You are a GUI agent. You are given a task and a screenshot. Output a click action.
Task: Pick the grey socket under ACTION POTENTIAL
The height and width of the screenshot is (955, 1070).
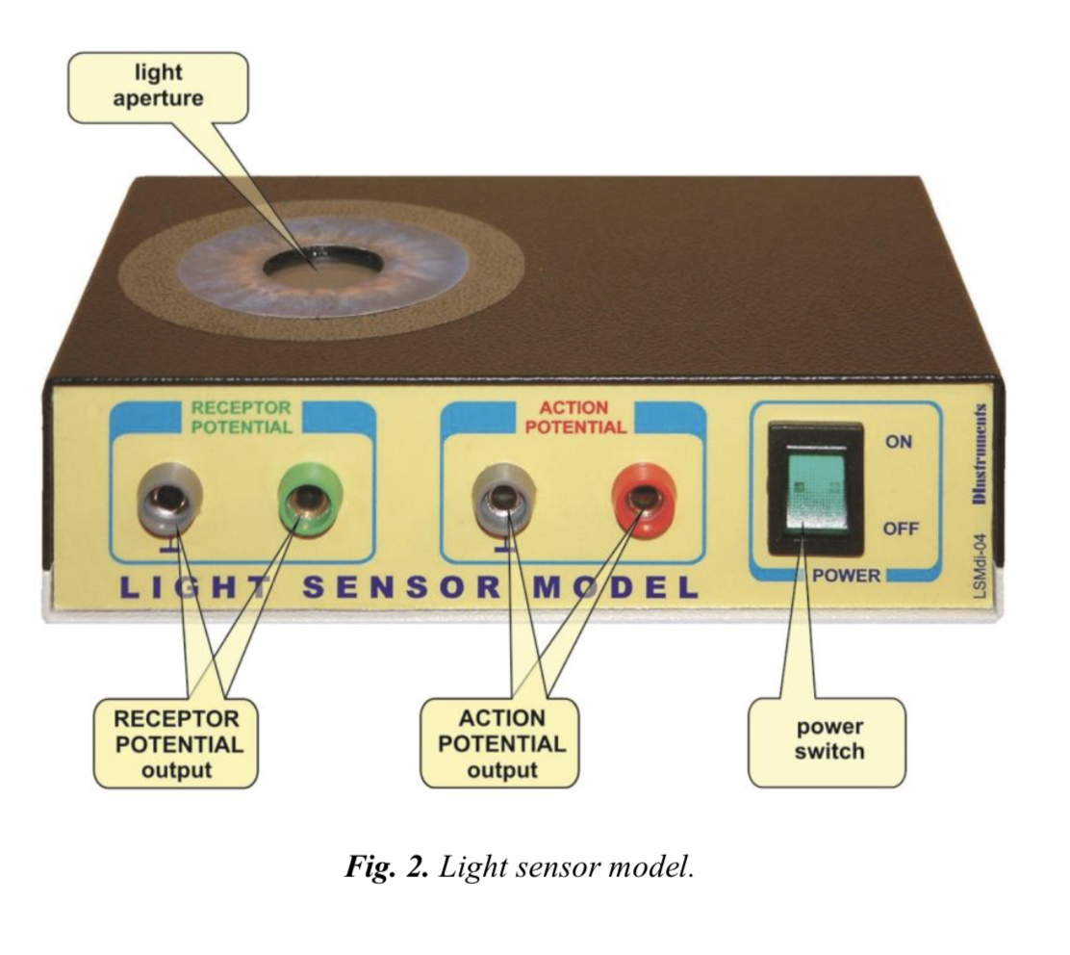[502, 499]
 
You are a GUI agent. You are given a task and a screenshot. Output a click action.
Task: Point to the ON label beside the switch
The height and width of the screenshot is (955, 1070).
[900, 443]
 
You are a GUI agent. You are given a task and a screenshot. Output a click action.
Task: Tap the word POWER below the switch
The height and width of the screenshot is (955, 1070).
[846, 576]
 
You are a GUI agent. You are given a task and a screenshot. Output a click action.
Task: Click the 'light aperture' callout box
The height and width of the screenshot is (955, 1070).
[158, 87]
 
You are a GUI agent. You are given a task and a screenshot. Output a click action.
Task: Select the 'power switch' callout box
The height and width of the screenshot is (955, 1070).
[828, 739]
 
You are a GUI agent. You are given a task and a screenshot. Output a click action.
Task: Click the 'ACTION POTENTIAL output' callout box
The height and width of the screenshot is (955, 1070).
[501, 743]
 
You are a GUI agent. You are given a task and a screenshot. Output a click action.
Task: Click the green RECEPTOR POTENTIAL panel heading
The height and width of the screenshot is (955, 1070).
[241, 418]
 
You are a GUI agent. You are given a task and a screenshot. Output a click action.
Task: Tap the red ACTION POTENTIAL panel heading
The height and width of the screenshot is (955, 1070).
[575, 418]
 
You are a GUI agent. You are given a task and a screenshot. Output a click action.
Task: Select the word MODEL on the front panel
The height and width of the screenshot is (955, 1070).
[615, 587]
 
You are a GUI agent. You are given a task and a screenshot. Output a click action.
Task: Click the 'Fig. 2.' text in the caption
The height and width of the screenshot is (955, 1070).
[386, 866]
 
